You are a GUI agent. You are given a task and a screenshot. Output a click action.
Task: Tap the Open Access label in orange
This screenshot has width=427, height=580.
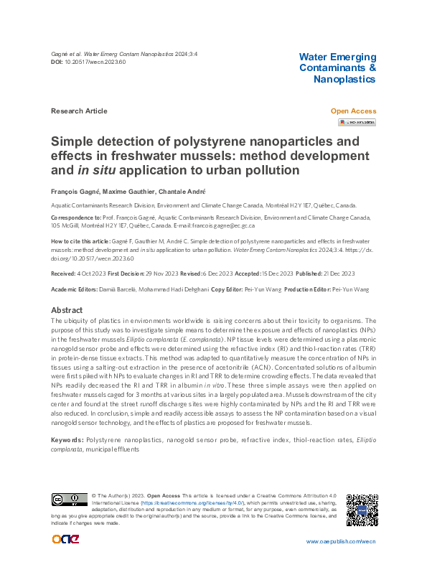352,111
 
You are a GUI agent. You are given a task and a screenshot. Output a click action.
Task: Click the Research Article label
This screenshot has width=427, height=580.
79,111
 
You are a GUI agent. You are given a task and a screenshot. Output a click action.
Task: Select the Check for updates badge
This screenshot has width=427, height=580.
357,123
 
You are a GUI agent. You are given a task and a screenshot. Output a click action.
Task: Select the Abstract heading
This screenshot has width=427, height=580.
67,310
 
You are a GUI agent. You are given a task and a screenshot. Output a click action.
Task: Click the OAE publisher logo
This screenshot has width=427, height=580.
66,540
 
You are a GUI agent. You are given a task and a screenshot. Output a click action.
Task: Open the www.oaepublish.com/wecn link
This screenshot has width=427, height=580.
341,541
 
